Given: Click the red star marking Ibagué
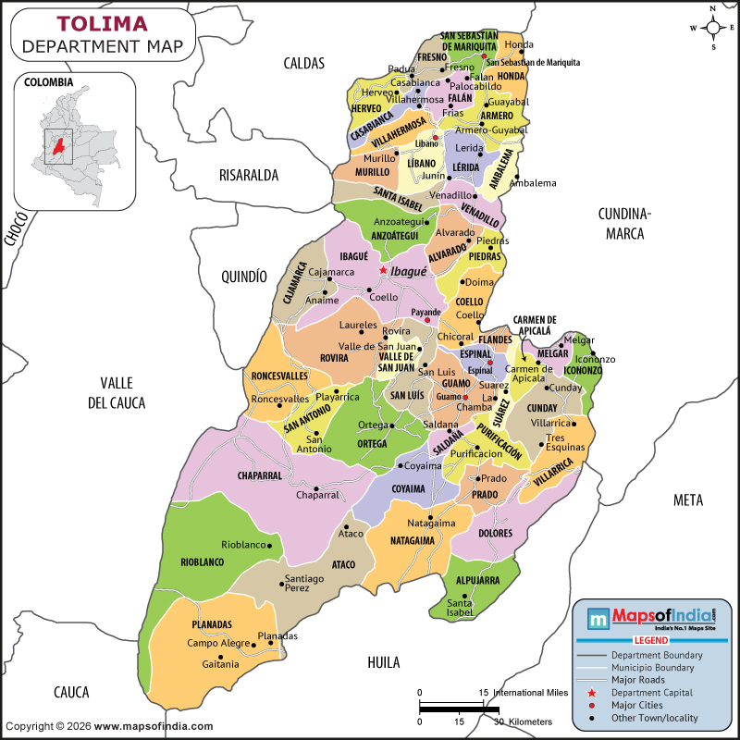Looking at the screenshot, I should click(x=382, y=270).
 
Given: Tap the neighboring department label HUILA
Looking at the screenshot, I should click(x=383, y=662).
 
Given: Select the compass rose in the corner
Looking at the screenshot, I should click(x=713, y=27).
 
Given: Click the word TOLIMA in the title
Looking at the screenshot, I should click(x=103, y=23).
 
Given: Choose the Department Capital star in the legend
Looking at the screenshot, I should click(x=590, y=693).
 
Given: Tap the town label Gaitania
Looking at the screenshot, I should click(x=220, y=663).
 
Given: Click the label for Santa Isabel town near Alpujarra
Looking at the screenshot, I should click(x=460, y=608).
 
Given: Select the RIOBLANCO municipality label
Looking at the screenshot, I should click(x=202, y=561).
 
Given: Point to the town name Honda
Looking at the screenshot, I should click(x=519, y=44).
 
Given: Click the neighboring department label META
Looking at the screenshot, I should click(x=687, y=500).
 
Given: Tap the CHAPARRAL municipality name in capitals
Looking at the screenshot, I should click(x=259, y=475).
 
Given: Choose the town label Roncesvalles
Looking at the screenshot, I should click(x=280, y=399).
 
